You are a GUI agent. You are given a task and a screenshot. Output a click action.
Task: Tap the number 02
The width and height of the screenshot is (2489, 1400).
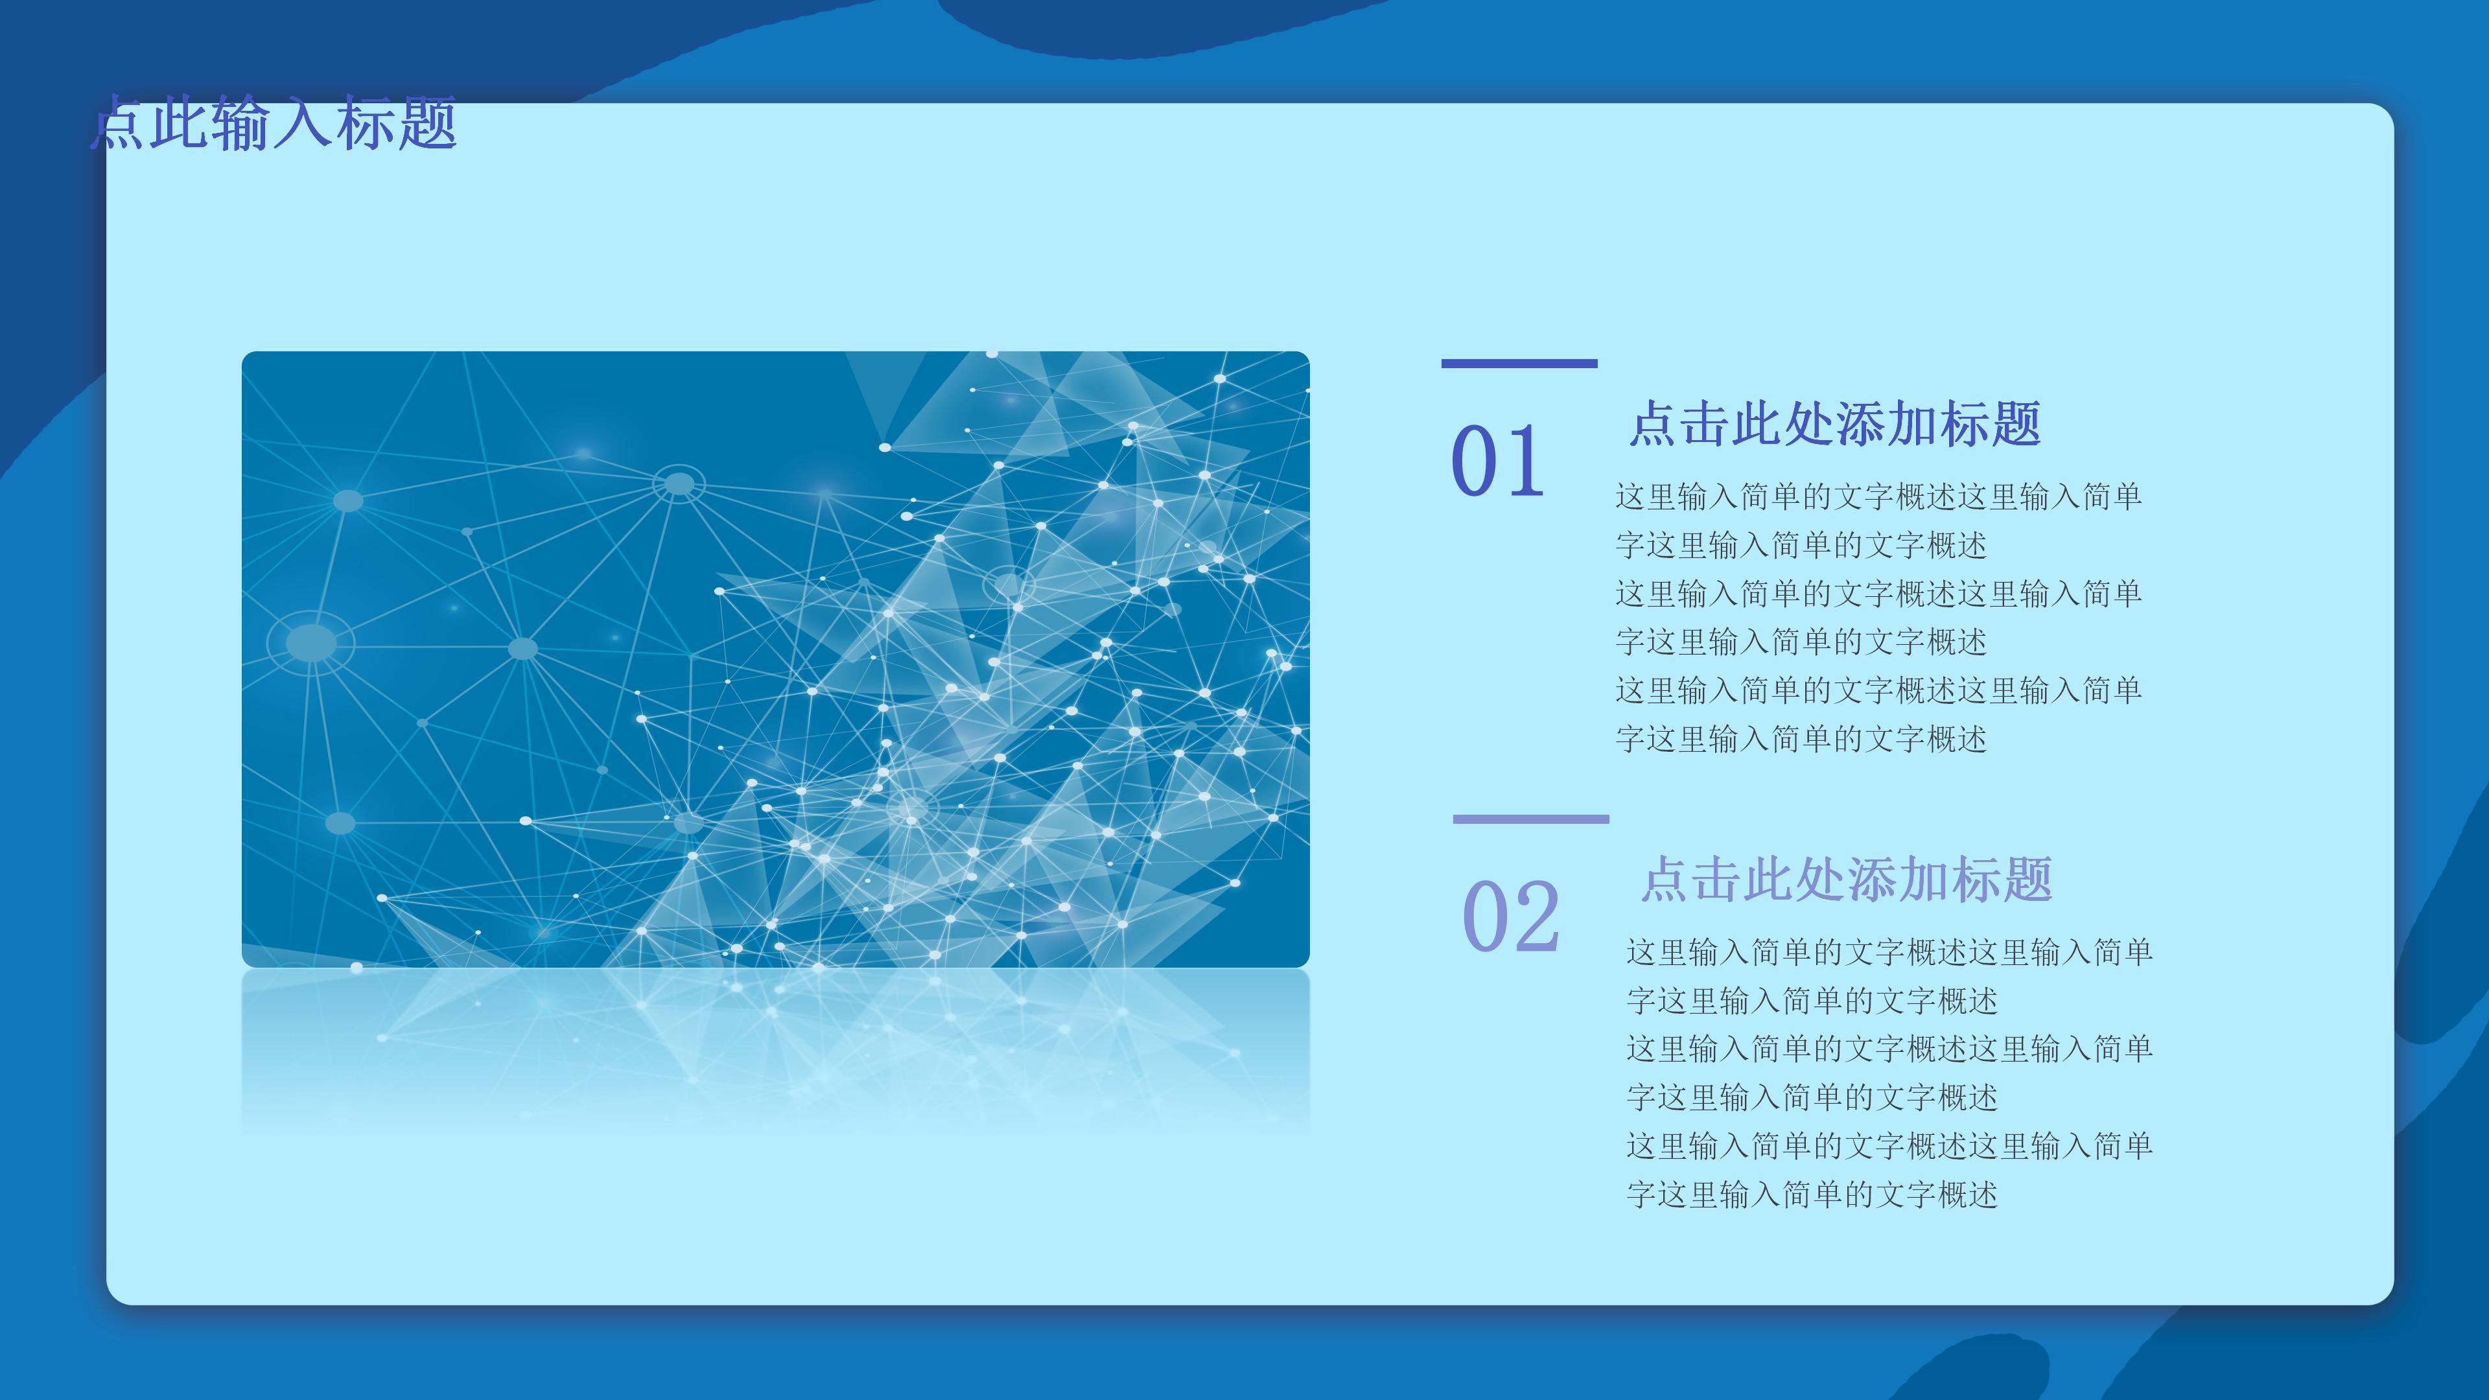click(x=1510, y=916)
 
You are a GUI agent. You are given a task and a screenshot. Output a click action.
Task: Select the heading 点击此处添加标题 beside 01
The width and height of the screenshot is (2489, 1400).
click(x=1835, y=424)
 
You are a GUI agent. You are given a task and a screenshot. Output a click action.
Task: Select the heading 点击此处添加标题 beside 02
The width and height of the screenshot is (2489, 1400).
click(x=1847, y=880)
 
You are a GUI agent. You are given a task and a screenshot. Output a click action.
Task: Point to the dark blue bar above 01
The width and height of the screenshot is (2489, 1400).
click(x=1519, y=363)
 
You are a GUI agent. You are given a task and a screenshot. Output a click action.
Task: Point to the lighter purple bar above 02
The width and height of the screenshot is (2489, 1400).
click(x=1530, y=819)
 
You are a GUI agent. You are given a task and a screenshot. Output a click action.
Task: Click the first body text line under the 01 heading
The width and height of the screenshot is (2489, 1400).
click(x=1878, y=496)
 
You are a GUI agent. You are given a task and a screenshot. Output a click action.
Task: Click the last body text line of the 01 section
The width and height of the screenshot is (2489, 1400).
click(x=1801, y=739)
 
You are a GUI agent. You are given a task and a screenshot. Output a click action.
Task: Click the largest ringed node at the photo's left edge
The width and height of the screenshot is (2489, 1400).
click(x=311, y=642)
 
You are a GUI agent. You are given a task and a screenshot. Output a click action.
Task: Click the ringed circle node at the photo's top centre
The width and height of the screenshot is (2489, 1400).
click(x=679, y=483)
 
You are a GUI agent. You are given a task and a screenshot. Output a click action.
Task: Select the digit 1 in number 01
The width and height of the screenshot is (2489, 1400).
click(x=1525, y=461)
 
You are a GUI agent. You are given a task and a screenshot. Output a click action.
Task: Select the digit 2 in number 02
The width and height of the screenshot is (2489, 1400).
click(x=1537, y=916)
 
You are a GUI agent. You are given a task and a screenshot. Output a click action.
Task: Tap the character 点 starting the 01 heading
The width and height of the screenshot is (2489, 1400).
click(x=1654, y=424)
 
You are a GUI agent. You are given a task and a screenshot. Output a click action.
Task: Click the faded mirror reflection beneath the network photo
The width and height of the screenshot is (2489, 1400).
click(x=776, y=1048)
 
